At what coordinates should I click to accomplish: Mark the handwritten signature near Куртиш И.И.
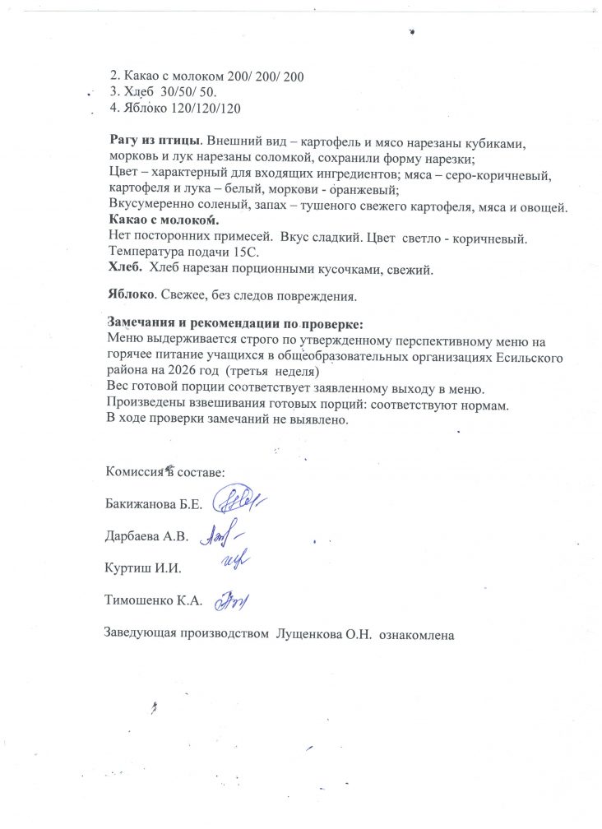click(235, 562)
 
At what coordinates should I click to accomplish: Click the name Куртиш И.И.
click(143, 568)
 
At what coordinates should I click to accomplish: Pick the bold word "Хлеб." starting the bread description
click(125, 268)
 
